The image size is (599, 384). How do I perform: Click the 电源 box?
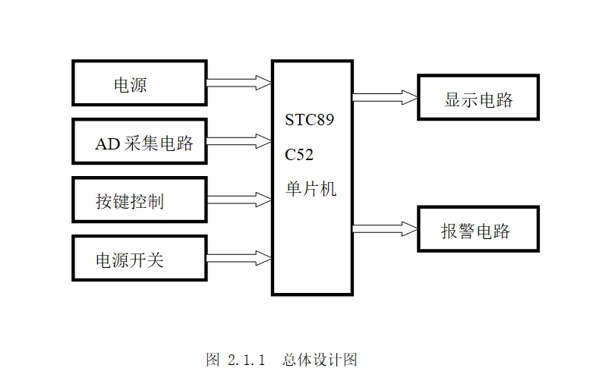coord(140,83)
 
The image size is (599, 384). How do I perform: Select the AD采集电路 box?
coord(140,141)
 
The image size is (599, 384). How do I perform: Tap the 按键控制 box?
coord(140,200)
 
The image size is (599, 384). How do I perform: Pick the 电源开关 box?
coord(140,259)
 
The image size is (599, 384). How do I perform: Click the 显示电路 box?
coord(478,98)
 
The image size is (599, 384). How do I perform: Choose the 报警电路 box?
coord(478,229)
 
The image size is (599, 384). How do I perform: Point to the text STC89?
coord(309,120)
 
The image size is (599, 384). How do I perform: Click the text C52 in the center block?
coord(299,155)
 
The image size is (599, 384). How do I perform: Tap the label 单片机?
coord(311,189)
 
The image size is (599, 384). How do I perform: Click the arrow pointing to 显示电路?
coord(384,97)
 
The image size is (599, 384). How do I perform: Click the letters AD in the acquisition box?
coord(107,143)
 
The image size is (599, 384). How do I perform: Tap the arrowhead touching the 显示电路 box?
coord(411,97)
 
